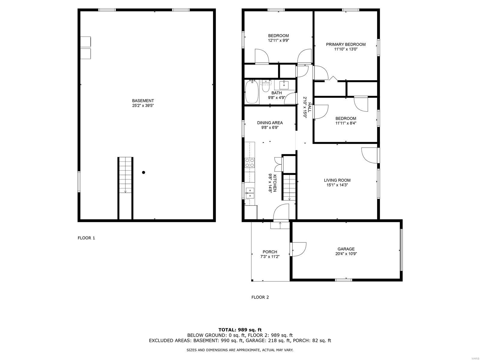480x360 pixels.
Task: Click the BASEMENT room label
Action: coord(143,101)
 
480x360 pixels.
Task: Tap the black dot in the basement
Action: coord(143,172)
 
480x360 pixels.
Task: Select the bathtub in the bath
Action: coord(252,92)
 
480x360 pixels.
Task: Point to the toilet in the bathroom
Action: coord(266,86)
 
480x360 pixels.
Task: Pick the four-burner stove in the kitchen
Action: coord(250,163)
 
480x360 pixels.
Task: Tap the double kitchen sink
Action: coord(250,193)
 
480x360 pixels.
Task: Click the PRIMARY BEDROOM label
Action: coord(346,44)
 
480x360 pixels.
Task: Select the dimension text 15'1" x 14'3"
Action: coord(337,185)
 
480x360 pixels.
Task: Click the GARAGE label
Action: coord(346,249)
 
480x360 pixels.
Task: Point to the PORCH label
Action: coord(270,252)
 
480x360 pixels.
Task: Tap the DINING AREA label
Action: coord(270,123)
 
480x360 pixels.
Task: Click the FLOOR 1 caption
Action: coord(86,238)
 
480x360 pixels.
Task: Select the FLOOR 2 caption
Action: coord(260,297)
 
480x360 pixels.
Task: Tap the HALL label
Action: coord(310,107)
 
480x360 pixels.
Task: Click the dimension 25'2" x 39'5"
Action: coord(143,106)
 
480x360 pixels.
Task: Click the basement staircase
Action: coord(125,188)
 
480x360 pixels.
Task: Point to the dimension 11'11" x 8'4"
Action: coord(346,123)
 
